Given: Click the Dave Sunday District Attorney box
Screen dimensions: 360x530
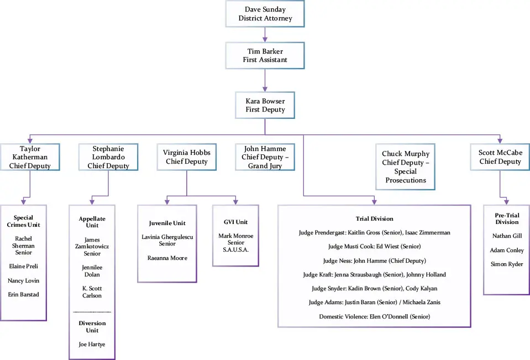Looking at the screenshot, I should (265, 14).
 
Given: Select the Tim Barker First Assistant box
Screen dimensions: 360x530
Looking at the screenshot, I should (265, 55).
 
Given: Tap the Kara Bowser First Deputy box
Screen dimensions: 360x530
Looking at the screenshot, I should (265, 105).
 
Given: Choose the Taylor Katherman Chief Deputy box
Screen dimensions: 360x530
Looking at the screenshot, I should (30, 157).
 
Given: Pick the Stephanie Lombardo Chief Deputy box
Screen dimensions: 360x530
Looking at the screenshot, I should (108, 157).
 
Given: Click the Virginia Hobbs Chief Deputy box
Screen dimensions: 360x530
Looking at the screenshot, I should (186, 156).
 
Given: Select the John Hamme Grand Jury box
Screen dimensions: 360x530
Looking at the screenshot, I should (265, 157).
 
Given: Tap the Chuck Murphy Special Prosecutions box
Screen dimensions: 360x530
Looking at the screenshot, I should (406, 166).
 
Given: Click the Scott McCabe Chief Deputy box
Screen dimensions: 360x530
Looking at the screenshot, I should (500, 157).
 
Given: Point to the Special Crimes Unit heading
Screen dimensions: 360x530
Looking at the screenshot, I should (23, 221).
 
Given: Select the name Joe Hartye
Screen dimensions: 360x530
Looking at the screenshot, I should (92, 344).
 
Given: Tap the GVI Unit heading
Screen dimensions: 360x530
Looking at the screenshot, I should (235, 222).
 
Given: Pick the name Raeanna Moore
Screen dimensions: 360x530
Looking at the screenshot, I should (167, 258).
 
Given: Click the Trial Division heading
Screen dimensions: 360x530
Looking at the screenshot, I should (374, 218).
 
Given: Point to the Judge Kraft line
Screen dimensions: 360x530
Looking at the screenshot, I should (374, 274).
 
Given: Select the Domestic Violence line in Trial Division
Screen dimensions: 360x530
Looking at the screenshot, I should (374, 316).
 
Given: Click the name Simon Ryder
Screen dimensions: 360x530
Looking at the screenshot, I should (506, 264).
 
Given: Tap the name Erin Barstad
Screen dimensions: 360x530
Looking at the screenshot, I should (23, 294).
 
